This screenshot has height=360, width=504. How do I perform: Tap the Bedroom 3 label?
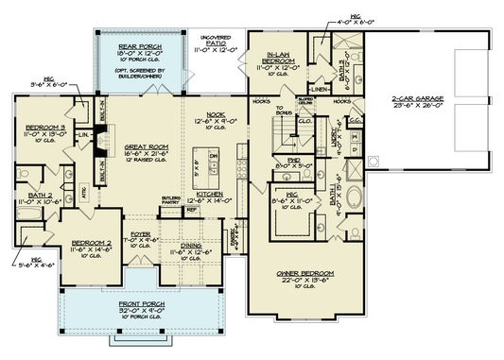pos(44,127)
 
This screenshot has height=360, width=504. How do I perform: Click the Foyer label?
pos(140,233)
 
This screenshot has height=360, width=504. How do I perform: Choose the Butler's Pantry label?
pos(172,199)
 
